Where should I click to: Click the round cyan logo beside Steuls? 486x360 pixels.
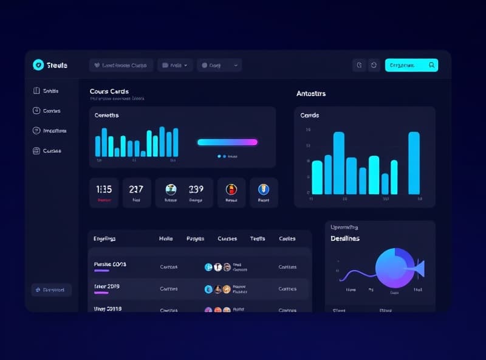38,65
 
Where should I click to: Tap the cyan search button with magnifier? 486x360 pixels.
411,65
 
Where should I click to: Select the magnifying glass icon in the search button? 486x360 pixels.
431,65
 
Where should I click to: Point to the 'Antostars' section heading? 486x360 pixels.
311,94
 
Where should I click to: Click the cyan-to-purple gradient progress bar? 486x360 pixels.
227,142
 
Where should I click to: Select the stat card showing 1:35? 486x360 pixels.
104,193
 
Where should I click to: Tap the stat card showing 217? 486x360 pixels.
137,193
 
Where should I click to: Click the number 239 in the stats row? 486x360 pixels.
196,189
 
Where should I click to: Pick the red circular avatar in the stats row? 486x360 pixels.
231,189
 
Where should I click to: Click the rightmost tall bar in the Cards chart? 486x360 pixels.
414,162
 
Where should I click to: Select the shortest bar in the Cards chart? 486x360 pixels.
385,184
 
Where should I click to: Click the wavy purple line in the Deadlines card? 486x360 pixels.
355,273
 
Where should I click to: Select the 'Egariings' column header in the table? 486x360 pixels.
104,239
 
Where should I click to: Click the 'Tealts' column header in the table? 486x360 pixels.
258,239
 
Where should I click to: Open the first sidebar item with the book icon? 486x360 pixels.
46,91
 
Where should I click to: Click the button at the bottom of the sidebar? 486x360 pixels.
52,290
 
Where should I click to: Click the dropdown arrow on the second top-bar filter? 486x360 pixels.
185,65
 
